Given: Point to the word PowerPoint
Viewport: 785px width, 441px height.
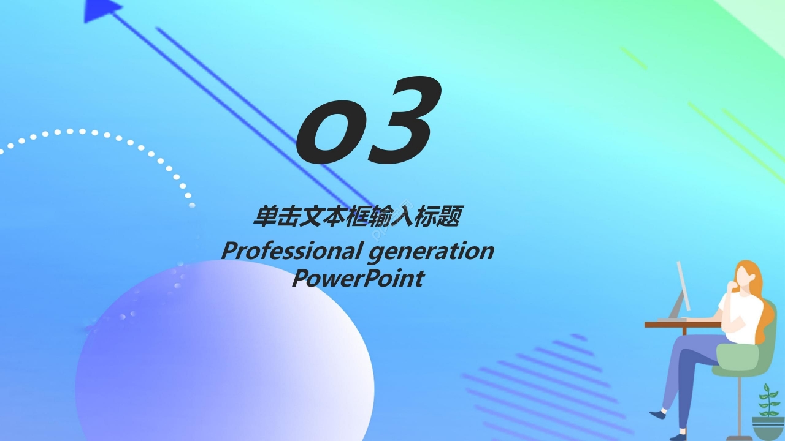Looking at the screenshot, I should pyautogui.click(x=358, y=278).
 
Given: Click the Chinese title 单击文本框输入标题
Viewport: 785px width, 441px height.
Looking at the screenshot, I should pyautogui.click(x=358, y=217).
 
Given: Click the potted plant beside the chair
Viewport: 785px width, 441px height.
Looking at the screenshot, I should pyautogui.click(x=768, y=410).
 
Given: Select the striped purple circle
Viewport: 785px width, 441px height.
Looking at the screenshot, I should pyautogui.click(x=546, y=386).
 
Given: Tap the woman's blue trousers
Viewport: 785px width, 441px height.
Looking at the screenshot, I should pyautogui.click(x=693, y=367).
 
